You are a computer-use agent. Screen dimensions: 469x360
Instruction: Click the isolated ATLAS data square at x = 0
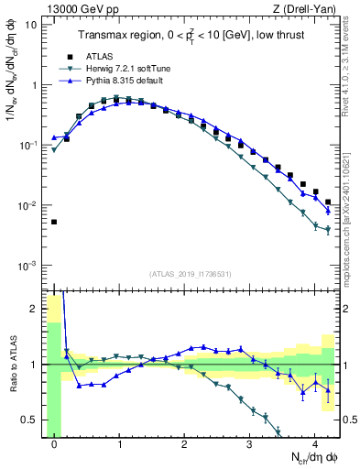coord(54,222)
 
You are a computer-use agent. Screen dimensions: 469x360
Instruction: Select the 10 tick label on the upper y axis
coord(31,25)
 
